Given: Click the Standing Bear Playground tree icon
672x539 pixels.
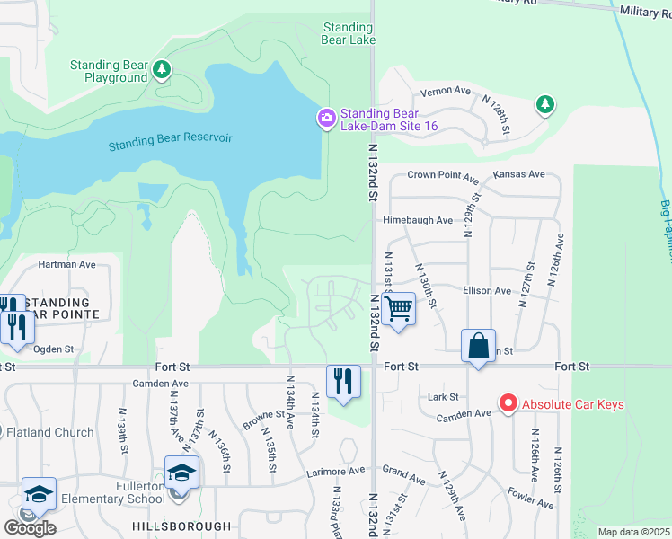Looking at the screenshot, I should coord(162,69).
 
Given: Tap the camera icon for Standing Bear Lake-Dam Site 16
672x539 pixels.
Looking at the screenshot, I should coord(326,117).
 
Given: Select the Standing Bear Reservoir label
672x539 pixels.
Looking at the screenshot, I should coord(170,141).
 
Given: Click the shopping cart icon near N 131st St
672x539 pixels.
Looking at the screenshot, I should coord(397,310).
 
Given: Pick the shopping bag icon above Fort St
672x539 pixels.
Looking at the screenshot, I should coord(478,346).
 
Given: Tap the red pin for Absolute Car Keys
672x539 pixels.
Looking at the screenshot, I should coord(508,403).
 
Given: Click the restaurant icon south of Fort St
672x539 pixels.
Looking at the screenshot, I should coord(343,382).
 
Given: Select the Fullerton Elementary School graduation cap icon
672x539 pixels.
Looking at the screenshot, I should coord(181,473).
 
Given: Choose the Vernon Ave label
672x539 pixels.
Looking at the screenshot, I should coord(447,91).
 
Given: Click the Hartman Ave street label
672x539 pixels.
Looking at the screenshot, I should coord(66,265).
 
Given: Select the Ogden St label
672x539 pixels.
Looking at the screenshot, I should coord(54,349).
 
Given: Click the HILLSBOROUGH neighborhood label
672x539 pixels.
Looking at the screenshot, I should coord(181,526).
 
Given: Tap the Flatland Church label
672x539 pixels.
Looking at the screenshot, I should coord(49,432).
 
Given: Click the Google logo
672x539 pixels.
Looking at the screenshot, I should coord(30,527).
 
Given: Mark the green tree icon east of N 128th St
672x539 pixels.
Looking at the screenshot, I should coord(544,105).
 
